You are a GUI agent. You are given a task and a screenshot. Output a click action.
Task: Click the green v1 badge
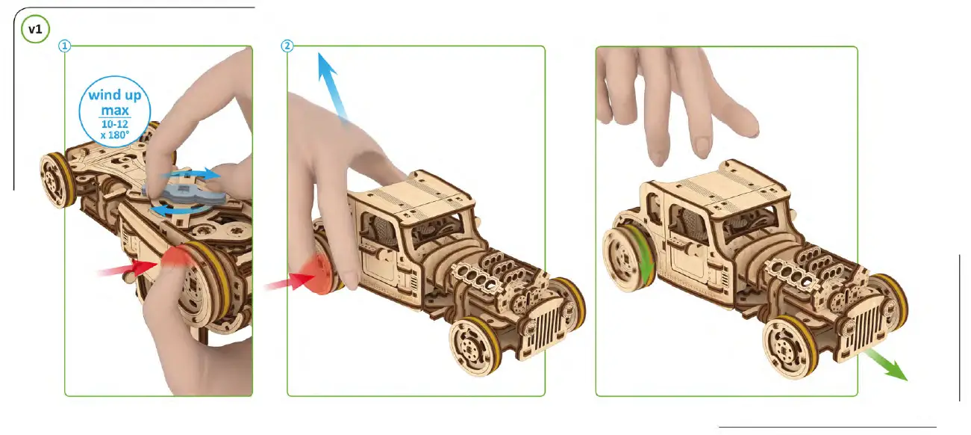click(x=34, y=31)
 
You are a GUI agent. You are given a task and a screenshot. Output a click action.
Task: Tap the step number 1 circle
click(x=65, y=46)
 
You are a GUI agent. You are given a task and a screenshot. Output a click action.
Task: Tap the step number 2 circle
click(x=287, y=46)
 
